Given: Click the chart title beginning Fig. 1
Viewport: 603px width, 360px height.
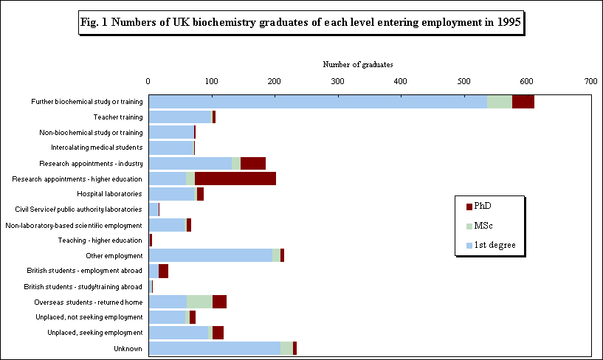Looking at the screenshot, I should pyautogui.click(x=300, y=23).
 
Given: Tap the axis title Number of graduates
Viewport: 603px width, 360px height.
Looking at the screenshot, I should pyautogui.click(x=358, y=65).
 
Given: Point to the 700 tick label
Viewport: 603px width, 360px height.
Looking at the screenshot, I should pyautogui.click(x=590, y=81).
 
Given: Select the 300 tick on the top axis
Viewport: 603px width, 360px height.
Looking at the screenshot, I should pyautogui.click(x=337, y=81).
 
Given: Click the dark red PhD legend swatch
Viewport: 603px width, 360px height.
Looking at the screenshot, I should pyautogui.click(x=470, y=205).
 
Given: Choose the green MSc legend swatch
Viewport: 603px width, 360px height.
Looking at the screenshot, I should pyautogui.click(x=470, y=225).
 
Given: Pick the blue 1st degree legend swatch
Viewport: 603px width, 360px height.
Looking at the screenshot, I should pyautogui.click(x=470, y=245).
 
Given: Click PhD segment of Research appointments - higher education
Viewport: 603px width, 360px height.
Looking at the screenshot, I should pyautogui.click(x=235, y=179).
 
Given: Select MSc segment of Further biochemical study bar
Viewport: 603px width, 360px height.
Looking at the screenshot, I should pyautogui.click(x=499, y=102).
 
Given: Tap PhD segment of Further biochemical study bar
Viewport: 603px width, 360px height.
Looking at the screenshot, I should pyautogui.click(x=523, y=102).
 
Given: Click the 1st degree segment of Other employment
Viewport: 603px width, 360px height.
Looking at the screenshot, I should pyautogui.click(x=210, y=255).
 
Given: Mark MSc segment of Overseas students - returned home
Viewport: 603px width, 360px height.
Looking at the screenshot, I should pyautogui.click(x=199, y=302).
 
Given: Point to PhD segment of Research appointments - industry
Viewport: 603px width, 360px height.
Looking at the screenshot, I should pyautogui.click(x=252, y=163).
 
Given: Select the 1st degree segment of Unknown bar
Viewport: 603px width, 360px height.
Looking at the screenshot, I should pyautogui.click(x=214, y=348).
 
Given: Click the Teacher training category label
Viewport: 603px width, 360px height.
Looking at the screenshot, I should pyautogui.click(x=117, y=117).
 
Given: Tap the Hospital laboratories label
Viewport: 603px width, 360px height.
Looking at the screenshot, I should pyautogui.click(x=109, y=194).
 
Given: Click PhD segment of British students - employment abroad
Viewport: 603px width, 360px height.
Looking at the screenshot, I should pyautogui.click(x=163, y=271).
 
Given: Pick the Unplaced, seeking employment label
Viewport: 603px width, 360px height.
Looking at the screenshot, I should pyautogui.click(x=94, y=333).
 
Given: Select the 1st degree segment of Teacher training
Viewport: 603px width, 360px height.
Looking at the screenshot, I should pyautogui.click(x=180, y=117).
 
